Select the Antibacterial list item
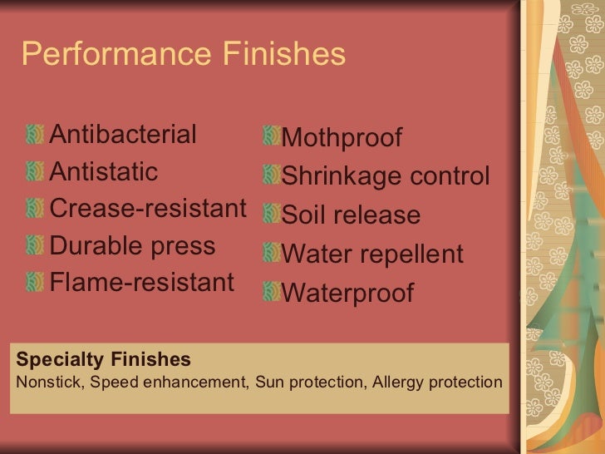point(123,134)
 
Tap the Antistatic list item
point(104,172)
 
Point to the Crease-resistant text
point(149,209)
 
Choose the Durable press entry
point(132,246)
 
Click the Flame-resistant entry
point(142,283)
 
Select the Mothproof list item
point(342,138)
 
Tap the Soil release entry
point(351,215)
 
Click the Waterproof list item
point(347,293)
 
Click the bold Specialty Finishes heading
point(104,359)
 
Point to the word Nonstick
point(49,382)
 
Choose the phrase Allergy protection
point(438,382)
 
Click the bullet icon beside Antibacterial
point(34,134)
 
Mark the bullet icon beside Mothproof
point(270,136)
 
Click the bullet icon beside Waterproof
point(270,291)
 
